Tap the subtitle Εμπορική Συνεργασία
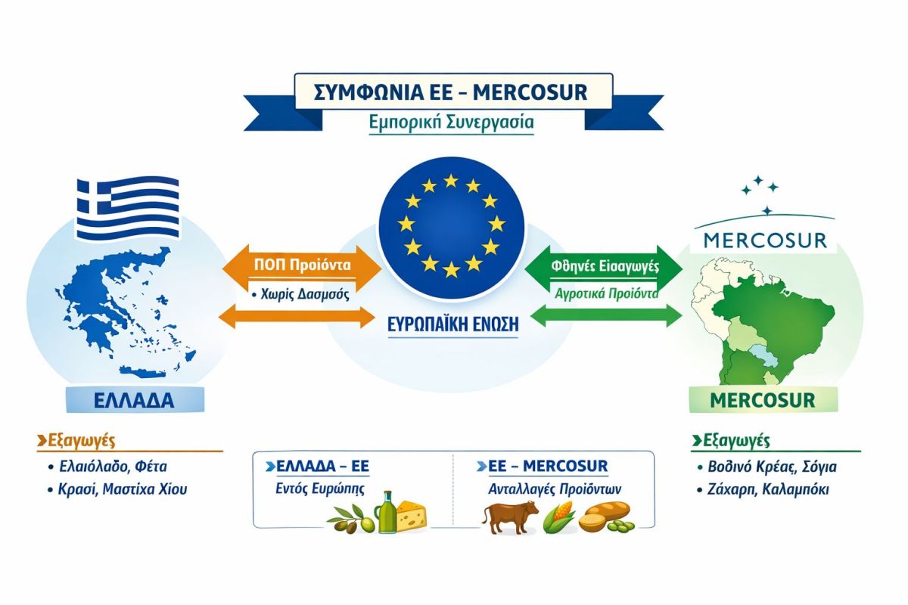point(451,123)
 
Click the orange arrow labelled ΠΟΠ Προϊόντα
point(303,267)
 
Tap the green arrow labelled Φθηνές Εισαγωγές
point(602,266)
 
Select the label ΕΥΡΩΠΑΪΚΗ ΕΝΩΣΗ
point(452,324)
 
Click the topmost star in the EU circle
point(451,181)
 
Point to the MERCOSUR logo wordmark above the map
point(764,240)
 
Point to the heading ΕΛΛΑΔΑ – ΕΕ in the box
point(317,465)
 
